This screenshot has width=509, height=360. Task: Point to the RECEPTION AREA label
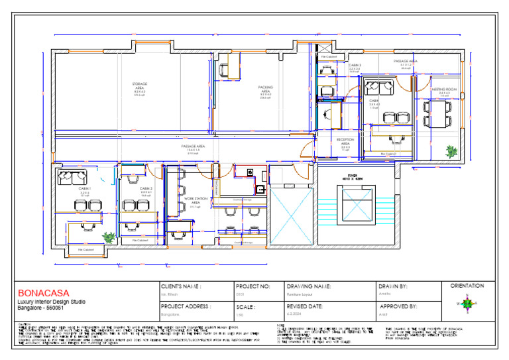[345, 141]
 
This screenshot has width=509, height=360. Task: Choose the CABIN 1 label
[84, 189]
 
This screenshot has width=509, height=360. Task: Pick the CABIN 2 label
[146, 189]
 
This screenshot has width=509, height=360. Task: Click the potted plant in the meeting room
[451, 150]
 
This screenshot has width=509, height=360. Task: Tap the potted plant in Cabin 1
[108, 236]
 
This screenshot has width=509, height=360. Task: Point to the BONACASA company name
[43, 292]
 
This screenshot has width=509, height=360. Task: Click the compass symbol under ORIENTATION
[467, 304]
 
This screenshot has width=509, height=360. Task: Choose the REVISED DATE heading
[305, 307]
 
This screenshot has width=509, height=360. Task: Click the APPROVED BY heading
[398, 307]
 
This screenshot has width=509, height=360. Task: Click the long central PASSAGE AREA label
[193, 146]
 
